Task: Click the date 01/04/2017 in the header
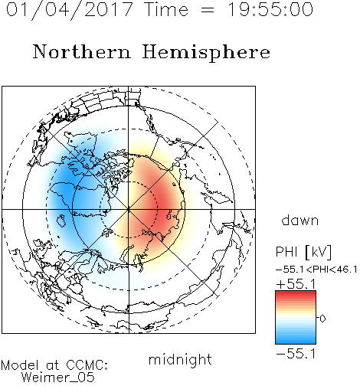pyautogui.click(x=70, y=9)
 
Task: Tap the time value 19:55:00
pyautogui.click(x=270, y=9)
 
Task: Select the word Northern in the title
pyautogui.click(x=81, y=51)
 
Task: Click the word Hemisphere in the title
pyautogui.click(x=206, y=53)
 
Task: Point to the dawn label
pyautogui.click(x=300, y=220)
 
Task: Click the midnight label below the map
pyautogui.click(x=180, y=359)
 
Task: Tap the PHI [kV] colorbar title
pyautogui.click(x=303, y=252)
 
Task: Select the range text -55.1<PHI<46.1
pyautogui.click(x=316, y=270)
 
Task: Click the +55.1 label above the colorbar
pyautogui.click(x=296, y=284)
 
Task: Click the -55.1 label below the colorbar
pyautogui.click(x=296, y=354)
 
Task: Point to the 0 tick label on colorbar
pyautogui.click(x=322, y=319)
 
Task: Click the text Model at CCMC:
pyautogui.click(x=54, y=365)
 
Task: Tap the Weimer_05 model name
pyautogui.click(x=57, y=377)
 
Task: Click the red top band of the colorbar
pyautogui.click(x=296, y=294)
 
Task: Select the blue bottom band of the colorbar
pyautogui.click(x=296, y=340)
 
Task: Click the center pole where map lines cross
pyautogui.click(x=129, y=209)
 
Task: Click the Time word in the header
pyautogui.click(x=166, y=9)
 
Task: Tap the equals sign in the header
pyautogui.click(x=208, y=10)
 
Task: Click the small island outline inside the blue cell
pyautogui.click(x=61, y=221)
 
